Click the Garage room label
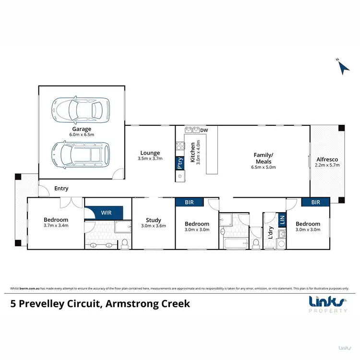pyautogui.click(x=82, y=129)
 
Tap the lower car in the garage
pyautogui.click(x=80, y=155)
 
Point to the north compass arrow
pyautogui.click(x=343, y=68)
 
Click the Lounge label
pyautogui.click(x=150, y=153)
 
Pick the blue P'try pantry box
pyautogui.click(x=180, y=164)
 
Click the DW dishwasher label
pyautogui.click(x=204, y=130)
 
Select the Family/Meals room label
pyautogui.click(x=263, y=158)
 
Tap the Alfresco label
pyautogui.click(x=328, y=160)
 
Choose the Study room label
pyautogui.click(x=154, y=221)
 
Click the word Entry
pyautogui.click(x=61, y=188)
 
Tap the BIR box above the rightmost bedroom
pyautogui.click(x=315, y=203)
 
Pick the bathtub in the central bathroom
pyautogui.click(x=234, y=244)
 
